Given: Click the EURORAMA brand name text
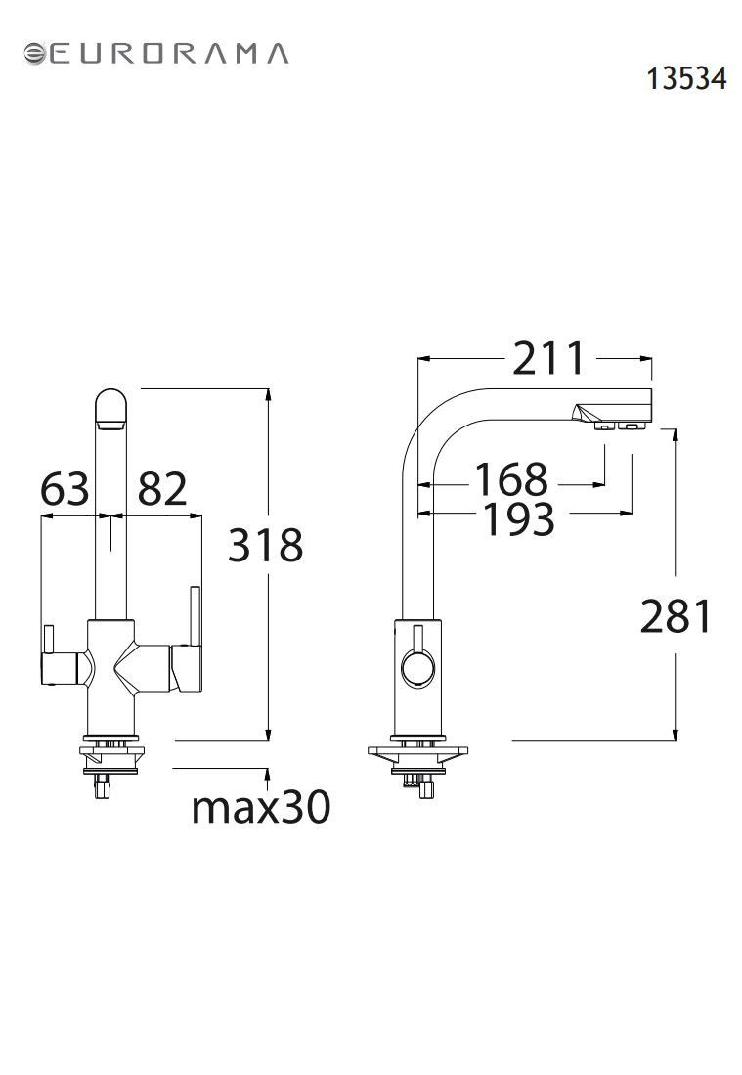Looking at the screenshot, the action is [x=168, y=54].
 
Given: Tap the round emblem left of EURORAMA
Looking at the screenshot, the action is [x=34, y=54].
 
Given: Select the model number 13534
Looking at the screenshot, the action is [x=686, y=78].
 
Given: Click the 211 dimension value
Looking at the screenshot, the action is [x=548, y=358].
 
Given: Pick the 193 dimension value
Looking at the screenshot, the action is [x=519, y=519].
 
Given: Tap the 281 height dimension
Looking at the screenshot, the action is [x=677, y=615].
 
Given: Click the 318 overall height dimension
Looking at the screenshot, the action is [x=265, y=545].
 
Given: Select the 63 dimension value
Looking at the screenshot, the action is [x=65, y=488].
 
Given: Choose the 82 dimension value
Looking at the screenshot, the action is [x=162, y=488].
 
